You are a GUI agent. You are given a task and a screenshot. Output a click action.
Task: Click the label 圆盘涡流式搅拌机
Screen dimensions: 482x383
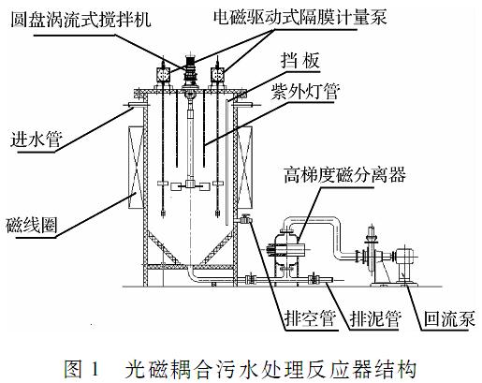(80, 20)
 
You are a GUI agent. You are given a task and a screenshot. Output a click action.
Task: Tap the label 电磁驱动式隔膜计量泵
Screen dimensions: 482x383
(300, 17)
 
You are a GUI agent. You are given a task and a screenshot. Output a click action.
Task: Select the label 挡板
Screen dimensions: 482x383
(300, 61)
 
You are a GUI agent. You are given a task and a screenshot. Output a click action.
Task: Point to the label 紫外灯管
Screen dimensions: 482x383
(305, 92)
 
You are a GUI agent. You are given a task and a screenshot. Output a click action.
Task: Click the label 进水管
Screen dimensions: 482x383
(37, 139)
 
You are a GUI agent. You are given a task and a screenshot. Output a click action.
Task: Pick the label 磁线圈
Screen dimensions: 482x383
(32, 225)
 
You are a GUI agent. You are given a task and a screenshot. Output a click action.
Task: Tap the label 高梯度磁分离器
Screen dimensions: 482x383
(344, 174)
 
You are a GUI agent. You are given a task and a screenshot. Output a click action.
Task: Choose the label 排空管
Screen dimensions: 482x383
(311, 318)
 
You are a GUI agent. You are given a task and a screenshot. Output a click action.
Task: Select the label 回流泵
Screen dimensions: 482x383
(449, 318)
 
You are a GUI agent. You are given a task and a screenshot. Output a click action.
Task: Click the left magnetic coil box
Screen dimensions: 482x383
(136, 168)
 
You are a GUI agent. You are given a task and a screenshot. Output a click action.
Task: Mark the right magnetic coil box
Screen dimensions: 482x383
(245, 168)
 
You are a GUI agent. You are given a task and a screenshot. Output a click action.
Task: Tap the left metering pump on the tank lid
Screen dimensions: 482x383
(163, 74)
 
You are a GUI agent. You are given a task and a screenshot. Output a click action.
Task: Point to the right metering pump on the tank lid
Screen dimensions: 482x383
(217, 74)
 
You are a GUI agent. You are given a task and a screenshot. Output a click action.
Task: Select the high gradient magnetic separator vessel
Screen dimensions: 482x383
(287, 250)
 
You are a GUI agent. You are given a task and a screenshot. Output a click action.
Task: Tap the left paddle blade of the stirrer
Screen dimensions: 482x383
(178, 187)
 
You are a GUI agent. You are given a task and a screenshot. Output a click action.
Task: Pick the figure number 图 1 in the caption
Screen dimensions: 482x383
(81, 368)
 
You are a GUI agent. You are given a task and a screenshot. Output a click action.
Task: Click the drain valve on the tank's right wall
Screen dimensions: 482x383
(245, 219)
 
